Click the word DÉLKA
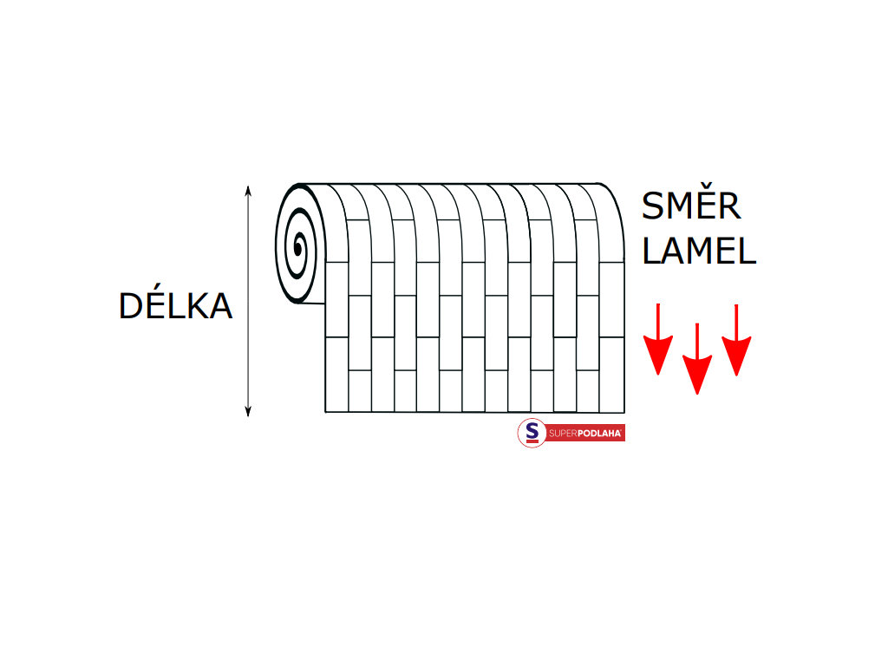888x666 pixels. pyautogui.click(x=175, y=306)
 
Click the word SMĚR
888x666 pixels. pyautogui.click(x=691, y=206)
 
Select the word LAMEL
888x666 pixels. pyautogui.click(x=699, y=251)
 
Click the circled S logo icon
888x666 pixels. pyautogui.click(x=532, y=433)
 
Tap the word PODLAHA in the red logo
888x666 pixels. pyautogui.click(x=600, y=434)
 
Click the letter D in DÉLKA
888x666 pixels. pyautogui.click(x=131, y=307)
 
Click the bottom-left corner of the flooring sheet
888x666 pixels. pyautogui.click(x=325, y=412)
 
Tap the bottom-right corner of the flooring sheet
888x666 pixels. pyautogui.click(x=624, y=412)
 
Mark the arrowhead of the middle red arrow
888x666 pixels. pyautogui.click(x=697, y=377)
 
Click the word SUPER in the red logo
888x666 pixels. pyautogui.click(x=563, y=434)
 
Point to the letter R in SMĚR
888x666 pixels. pyautogui.click(x=728, y=206)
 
